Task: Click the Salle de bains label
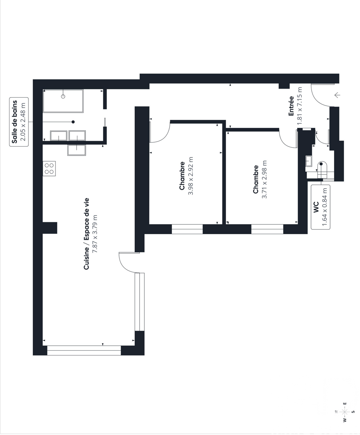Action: [14, 122]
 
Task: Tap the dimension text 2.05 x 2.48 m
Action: [23, 122]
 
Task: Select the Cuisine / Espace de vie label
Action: [86, 234]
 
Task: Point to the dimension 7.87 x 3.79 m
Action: [95, 234]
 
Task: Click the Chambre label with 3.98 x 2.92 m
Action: [182, 176]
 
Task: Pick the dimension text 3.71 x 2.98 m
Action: [264, 179]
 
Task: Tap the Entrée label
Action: [291, 106]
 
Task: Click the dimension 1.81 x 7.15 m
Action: [300, 106]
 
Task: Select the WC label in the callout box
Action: [316, 207]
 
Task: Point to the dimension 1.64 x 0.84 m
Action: [325, 207]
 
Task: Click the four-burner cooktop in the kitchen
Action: [49, 169]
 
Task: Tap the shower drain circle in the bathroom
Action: [63, 97]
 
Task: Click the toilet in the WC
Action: [323, 170]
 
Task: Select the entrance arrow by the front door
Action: [337, 95]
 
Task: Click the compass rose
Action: [345, 412]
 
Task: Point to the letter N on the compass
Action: [336, 412]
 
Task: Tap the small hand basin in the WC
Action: [309, 161]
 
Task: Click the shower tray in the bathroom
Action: [63, 101]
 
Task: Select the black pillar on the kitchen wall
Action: [50, 228]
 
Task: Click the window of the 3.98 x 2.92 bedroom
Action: [187, 229]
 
